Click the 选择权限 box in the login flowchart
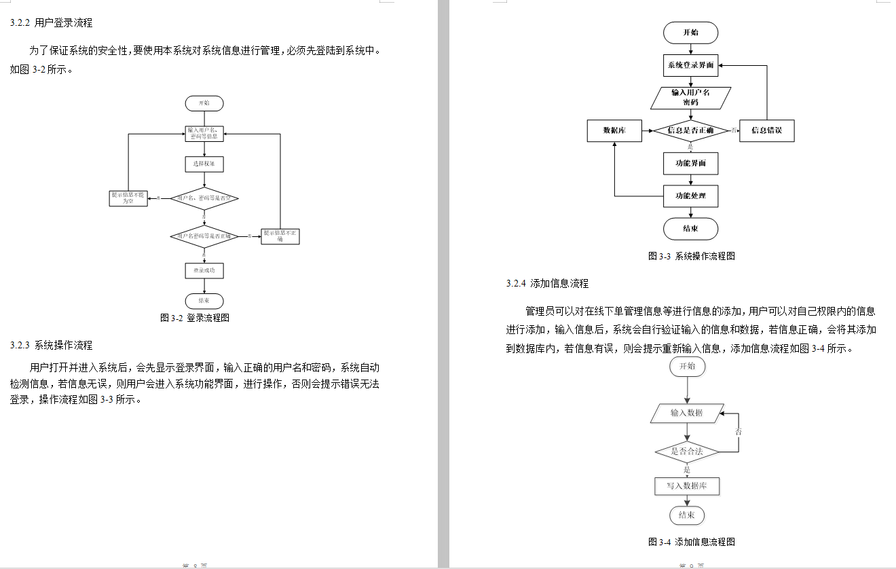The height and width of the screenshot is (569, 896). [x=204, y=164]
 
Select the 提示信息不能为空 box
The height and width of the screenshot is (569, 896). [x=128, y=198]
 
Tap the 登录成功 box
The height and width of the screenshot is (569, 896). [x=204, y=270]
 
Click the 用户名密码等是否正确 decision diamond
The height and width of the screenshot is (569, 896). [x=204, y=236]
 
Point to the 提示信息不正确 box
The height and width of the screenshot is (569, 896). [x=280, y=236]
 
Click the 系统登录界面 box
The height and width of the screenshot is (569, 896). [x=690, y=66]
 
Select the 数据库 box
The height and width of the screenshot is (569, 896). [x=614, y=130]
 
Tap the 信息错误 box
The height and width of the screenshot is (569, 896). [x=766, y=130]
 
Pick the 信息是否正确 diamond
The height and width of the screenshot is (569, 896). [x=690, y=130]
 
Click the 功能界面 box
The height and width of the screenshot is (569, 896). [x=690, y=164]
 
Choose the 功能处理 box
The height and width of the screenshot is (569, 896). [x=690, y=196]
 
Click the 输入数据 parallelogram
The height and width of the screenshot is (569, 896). [x=686, y=413]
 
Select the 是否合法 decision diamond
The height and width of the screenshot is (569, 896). [x=686, y=451]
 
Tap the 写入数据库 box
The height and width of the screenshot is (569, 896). [x=686, y=486]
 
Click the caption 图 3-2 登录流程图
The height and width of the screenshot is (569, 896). [x=195, y=317]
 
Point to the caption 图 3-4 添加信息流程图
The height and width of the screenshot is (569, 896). [x=692, y=542]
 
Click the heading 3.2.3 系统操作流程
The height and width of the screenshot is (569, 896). [x=52, y=345]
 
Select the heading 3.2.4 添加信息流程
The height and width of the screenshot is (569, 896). [x=547, y=283]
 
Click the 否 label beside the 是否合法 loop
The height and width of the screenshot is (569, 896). [x=739, y=431]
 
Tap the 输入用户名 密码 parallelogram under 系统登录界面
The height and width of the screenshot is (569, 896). [x=690, y=97]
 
